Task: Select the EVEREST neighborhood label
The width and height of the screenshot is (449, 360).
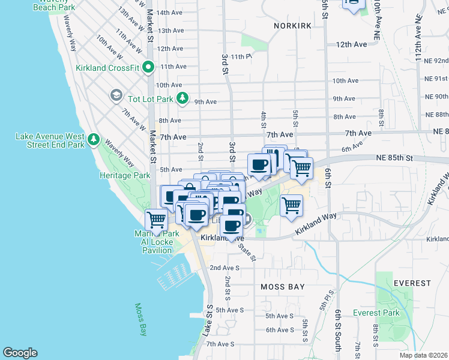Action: [x=412, y=283]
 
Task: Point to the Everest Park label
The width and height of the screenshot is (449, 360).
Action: [x=376, y=313]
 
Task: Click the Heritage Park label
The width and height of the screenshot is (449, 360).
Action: [x=124, y=176]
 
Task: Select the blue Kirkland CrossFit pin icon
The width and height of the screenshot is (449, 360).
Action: [x=149, y=68]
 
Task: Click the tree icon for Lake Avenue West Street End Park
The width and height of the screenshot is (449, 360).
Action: [x=93, y=140]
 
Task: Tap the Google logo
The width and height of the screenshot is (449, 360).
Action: [x=20, y=353]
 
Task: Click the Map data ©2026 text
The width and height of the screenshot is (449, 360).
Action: [x=423, y=355]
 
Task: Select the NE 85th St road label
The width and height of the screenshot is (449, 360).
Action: [x=394, y=158]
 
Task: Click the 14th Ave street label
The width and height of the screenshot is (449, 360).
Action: [x=170, y=12]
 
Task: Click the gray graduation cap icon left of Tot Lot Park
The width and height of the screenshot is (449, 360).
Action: [x=115, y=96]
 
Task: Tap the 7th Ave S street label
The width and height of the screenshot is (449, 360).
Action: [x=220, y=344]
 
